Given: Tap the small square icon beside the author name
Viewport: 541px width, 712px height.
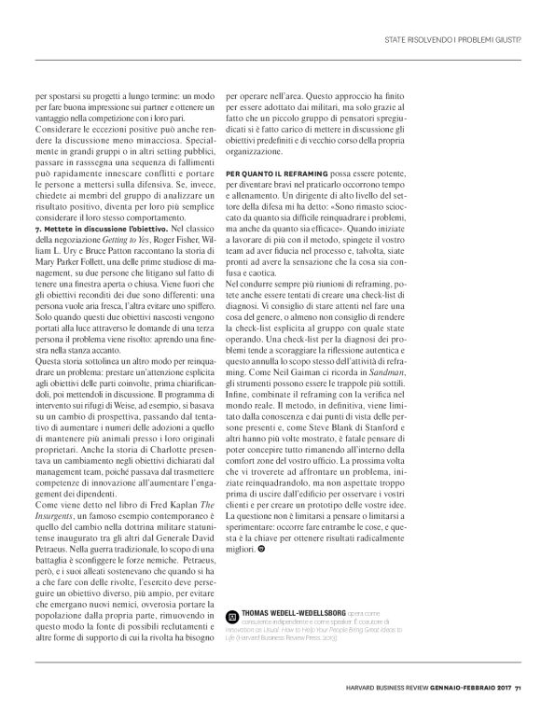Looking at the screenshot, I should (x=231, y=617).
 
